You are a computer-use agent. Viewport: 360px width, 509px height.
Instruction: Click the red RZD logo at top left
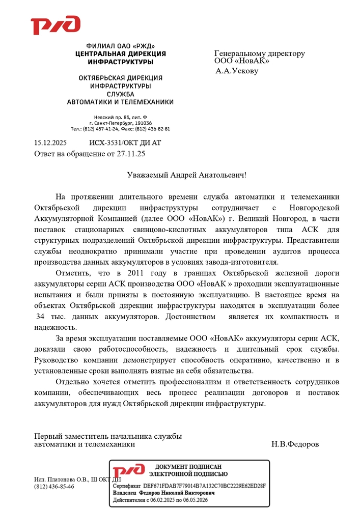coord(56,25)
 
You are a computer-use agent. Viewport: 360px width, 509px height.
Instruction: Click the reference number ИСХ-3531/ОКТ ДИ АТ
coord(125,144)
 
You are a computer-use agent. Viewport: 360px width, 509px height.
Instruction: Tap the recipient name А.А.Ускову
coord(237,71)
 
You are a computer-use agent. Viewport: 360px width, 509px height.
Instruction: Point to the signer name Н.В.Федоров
coord(295,444)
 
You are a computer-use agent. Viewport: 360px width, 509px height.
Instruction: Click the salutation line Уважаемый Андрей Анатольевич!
coord(186,175)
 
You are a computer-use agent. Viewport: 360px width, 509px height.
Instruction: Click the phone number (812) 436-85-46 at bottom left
coord(54,486)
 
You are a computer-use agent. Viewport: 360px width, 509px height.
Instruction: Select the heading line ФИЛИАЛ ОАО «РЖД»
coord(121,46)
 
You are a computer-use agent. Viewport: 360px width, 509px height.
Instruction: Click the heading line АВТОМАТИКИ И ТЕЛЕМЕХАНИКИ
coord(121,102)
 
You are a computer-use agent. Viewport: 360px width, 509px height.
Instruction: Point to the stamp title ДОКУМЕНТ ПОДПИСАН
coord(188,467)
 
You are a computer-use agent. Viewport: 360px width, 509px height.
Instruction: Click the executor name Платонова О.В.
coord(68,479)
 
